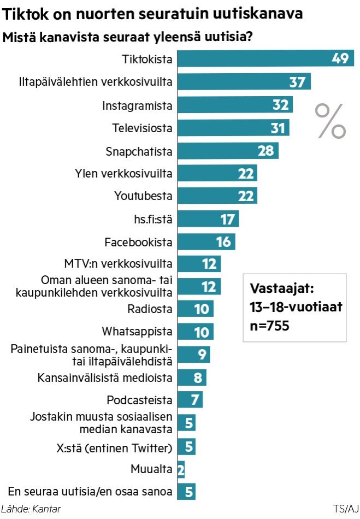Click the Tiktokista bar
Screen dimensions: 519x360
coord(265,58)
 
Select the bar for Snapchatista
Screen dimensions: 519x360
coord(227,150)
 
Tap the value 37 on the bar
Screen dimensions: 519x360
coord(297,82)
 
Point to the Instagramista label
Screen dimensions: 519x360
coord(138,105)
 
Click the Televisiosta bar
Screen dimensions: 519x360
coord(233,127)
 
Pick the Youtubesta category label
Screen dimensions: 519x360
coord(143,196)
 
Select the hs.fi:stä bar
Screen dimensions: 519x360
coord(208,219)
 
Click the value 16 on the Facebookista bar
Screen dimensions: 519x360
coord(223,241)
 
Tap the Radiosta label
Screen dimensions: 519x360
coord(150,309)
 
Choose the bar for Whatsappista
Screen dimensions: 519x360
coord(195,332)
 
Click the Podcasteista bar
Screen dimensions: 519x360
coord(190,399)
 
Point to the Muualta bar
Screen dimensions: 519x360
coord(181,469)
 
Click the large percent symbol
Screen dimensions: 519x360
coord(331,121)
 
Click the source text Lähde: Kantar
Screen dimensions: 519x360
coord(31,509)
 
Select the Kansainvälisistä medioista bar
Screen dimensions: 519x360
coord(191,377)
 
